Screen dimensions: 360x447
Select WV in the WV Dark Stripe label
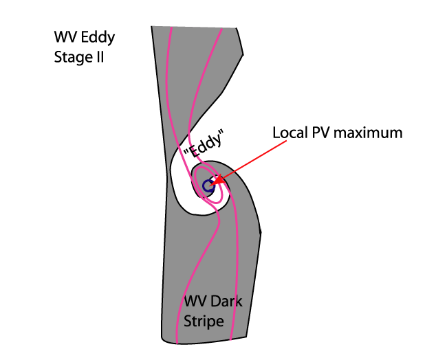pyautogui.click(x=195, y=302)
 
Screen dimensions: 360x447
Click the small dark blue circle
pyautogui.click(x=208, y=185)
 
